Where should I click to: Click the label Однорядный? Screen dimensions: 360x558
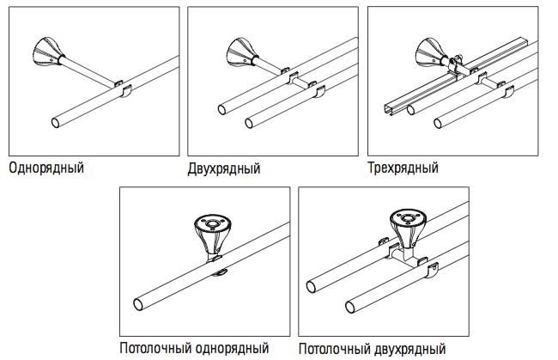click(x=46, y=167)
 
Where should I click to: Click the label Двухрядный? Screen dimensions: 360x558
click(x=223, y=167)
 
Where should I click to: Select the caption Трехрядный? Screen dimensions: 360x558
click(x=403, y=167)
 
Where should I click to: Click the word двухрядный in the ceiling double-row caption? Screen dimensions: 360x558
click(x=410, y=349)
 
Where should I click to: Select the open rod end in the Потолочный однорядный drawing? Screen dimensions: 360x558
click(x=139, y=304)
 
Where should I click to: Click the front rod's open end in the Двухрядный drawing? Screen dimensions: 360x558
click(x=249, y=121)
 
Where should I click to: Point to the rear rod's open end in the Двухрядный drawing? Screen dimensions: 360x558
click(x=222, y=109)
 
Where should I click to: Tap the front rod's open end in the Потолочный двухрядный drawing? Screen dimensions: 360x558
click(x=352, y=305)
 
